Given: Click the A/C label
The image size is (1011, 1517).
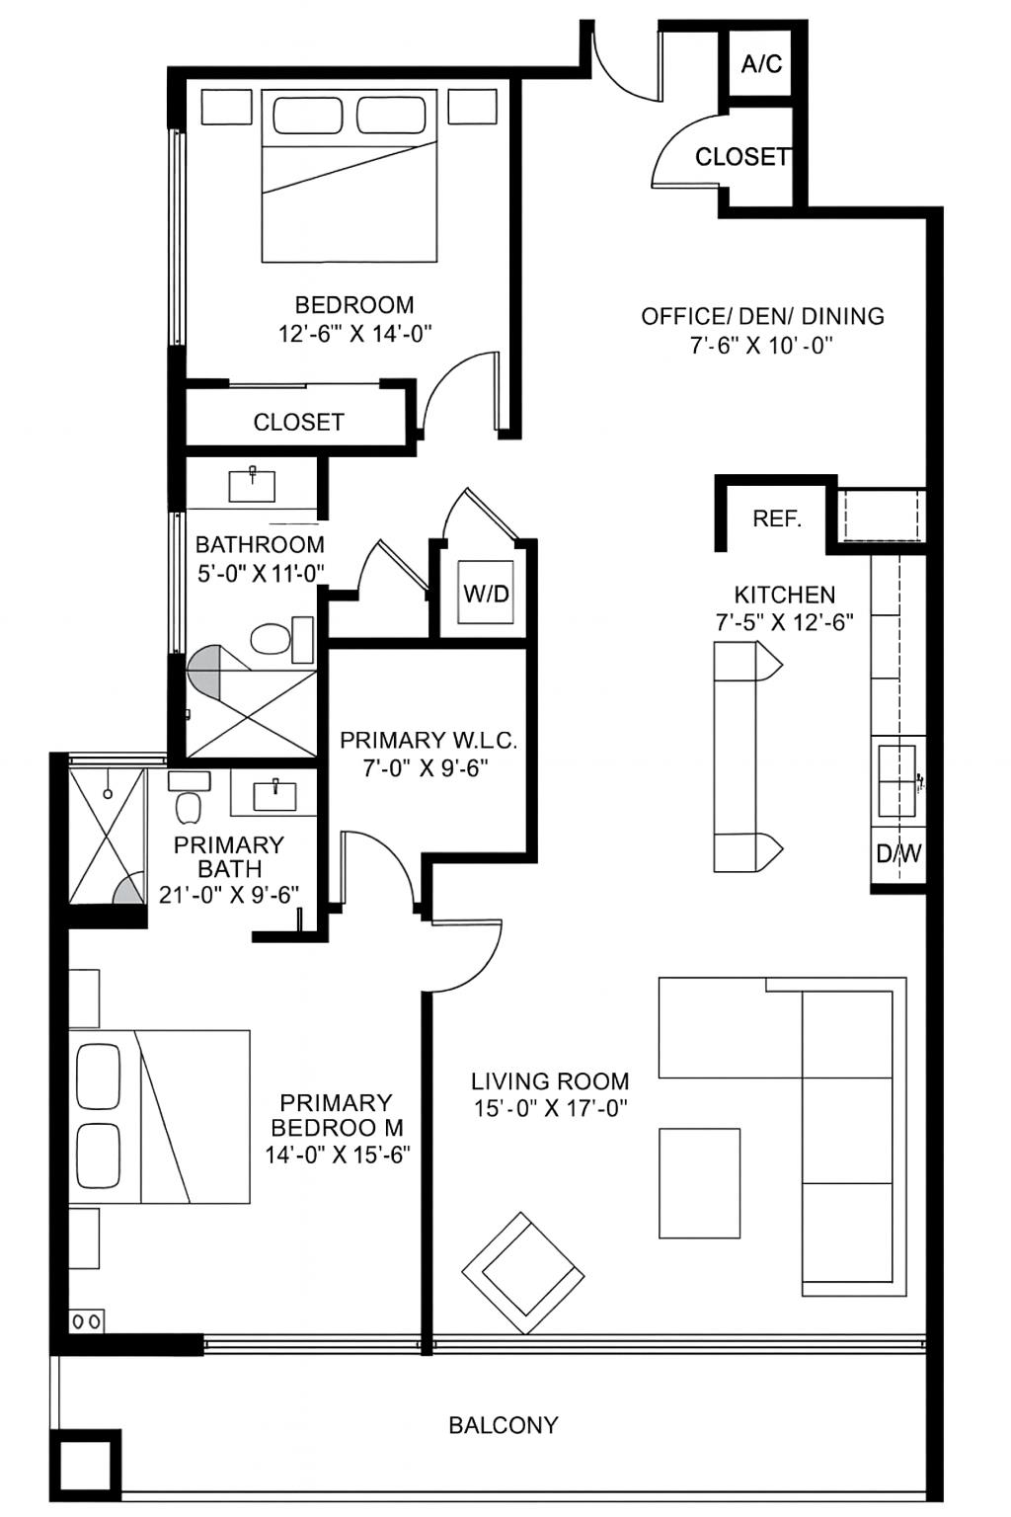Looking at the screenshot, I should pyautogui.click(x=761, y=64).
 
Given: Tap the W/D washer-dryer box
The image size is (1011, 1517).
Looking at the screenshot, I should pyautogui.click(x=487, y=594).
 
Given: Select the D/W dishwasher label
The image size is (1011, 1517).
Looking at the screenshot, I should pyautogui.click(x=898, y=853).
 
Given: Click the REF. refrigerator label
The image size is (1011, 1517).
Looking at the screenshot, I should pyautogui.click(x=777, y=519).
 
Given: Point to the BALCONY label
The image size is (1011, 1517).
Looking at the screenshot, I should pyautogui.click(x=504, y=1425).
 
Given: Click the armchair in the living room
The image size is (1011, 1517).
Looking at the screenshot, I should pyautogui.click(x=522, y=1272).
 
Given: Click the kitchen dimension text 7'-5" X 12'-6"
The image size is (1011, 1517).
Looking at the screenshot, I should pyautogui.click(x=785, y=622).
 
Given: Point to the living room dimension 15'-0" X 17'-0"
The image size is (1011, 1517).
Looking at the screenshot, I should pyautogui.click(x=551, y=1108).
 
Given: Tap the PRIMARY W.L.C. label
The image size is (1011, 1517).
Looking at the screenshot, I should pyautogui.click(x=428, y=741).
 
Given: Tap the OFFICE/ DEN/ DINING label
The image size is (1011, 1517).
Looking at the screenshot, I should pyautogui.click(x=762, y=316).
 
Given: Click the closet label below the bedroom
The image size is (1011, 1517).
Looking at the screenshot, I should pyautogui.click(x=298, y=423).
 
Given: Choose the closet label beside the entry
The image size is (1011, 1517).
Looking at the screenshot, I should pyautogui.click(x=741, y=157).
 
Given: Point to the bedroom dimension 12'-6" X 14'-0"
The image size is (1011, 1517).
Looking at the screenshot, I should pyautogui.click(x=355, y=334).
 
